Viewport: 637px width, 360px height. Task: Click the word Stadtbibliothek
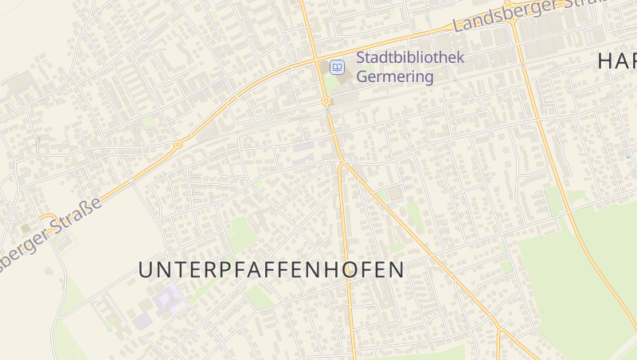(x=409, y=58)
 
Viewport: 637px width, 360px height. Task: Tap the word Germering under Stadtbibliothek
(x=395, y=77)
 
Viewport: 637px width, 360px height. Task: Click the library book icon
(x=338, y=68)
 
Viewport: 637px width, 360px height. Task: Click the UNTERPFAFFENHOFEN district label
(x=271, y=270)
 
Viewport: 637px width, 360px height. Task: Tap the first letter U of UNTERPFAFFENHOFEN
(x=145, y=270)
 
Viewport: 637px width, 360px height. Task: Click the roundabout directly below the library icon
(x=326, y=102)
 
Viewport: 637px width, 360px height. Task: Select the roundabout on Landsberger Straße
(x=178, y=145)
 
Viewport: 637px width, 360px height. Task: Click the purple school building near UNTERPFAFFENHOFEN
(x=167, y=299)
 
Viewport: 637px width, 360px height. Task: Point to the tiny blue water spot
(x=628, y=157)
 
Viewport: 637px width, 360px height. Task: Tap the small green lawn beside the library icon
(x=329, y=82)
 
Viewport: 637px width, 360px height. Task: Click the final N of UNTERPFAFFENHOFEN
(x=397, y=270)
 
